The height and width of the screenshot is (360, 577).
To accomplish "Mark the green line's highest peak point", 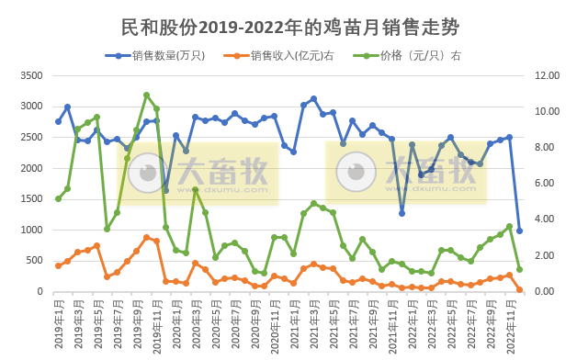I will (x=146, y=95).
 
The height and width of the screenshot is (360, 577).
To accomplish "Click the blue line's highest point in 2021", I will (x=313, y=98).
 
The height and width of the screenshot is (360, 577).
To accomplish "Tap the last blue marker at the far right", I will (x=519, y=231).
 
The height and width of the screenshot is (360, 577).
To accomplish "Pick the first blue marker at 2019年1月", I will (x=58, y=121).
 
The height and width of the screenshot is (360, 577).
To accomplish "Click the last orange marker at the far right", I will (x=519, y=290).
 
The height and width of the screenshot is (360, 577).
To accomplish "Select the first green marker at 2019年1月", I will (x=58, y=198).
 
